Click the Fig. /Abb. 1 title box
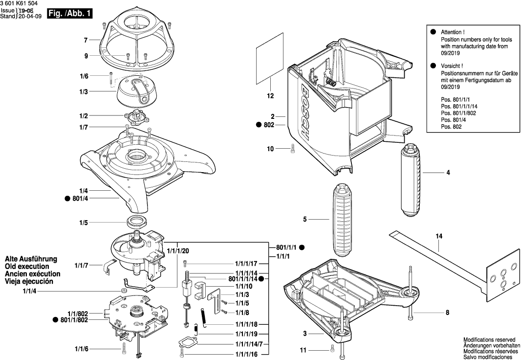[69, 14]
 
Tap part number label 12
[270, 96]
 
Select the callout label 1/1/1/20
[177, 250]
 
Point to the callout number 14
[439, 237]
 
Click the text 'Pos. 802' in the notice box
[451, 127]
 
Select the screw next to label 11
[332, 348]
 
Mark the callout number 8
[447, 312]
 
